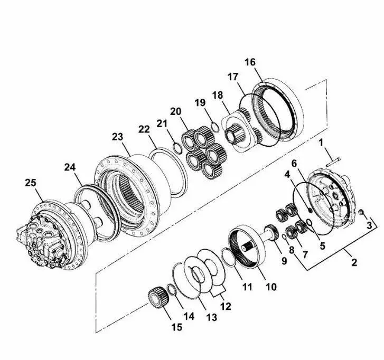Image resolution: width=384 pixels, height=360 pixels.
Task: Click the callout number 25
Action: coord(31,183)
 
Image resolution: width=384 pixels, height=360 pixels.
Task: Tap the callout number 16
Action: coord(250,62)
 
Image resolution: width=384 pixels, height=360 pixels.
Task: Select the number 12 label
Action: coord(226,306)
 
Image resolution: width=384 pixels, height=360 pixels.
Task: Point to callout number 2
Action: coord(354,262)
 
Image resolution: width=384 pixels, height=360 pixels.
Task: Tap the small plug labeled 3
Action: coord(361,212)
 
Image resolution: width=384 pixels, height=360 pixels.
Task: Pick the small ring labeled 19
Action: coord(215,128)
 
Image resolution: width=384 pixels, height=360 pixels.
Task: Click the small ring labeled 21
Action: coord(177,148)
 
